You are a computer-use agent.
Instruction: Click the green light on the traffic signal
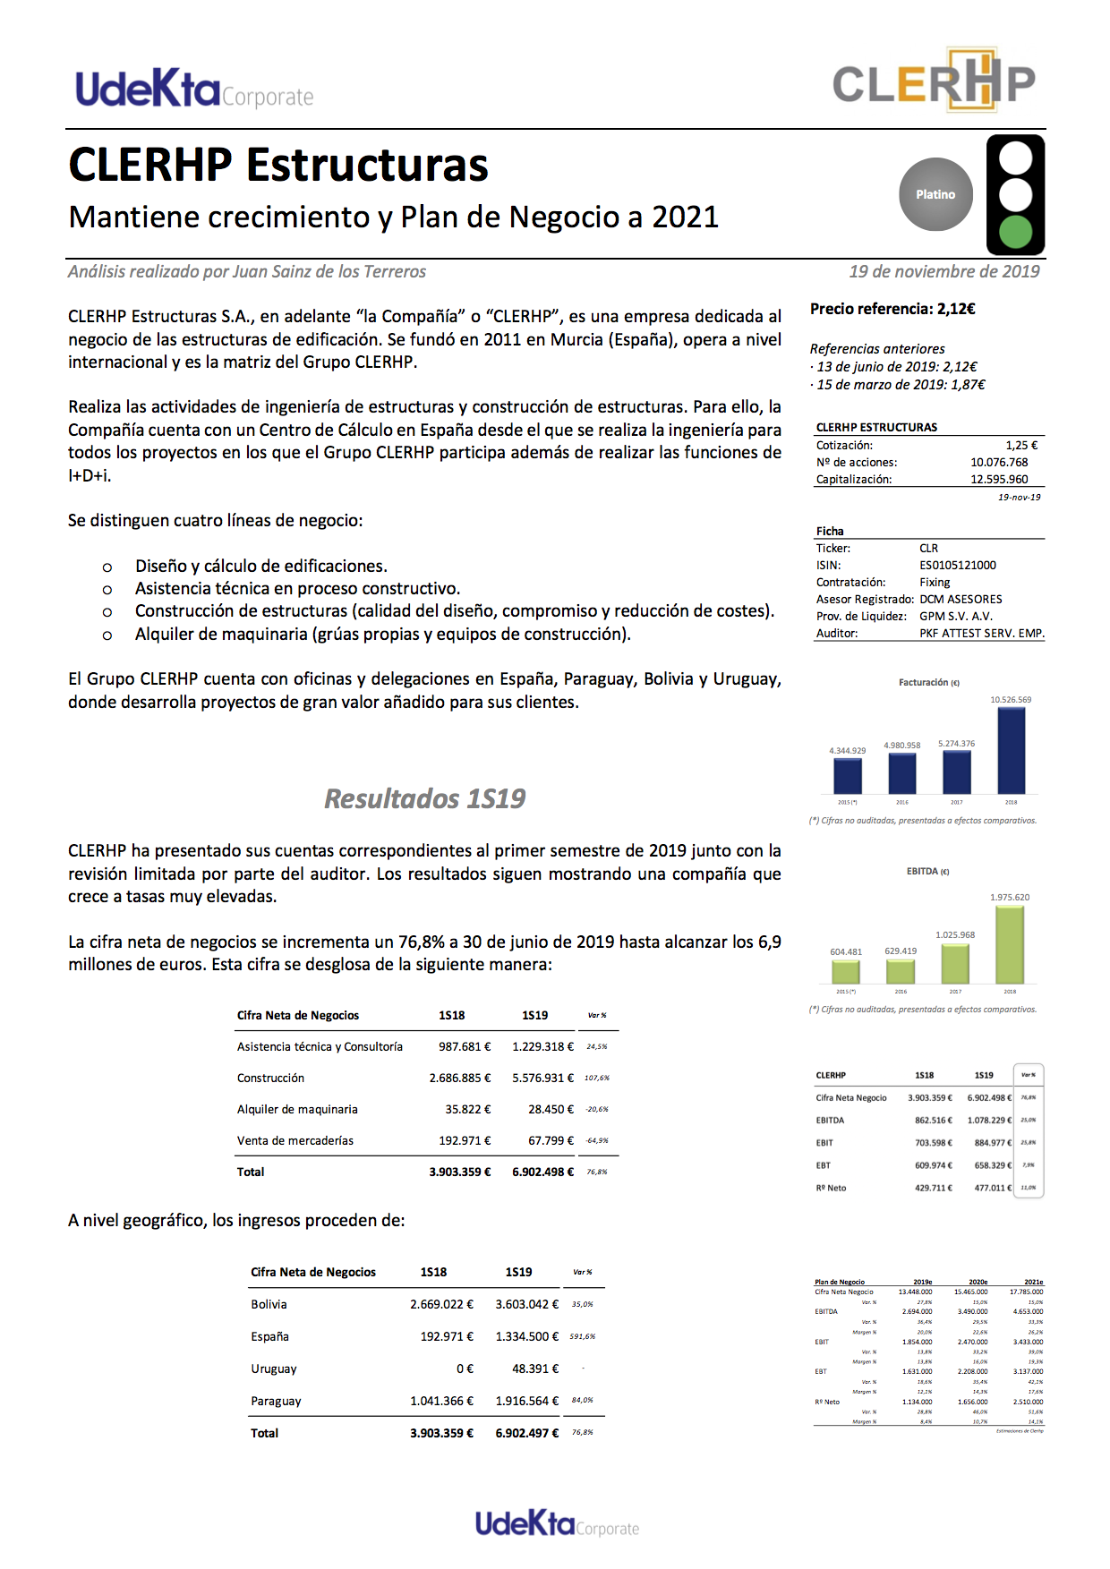1015,232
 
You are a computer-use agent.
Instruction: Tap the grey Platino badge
935,194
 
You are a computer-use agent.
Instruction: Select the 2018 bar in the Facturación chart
1011,750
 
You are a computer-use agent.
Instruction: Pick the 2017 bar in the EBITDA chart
955,964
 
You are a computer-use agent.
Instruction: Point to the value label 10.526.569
1010,700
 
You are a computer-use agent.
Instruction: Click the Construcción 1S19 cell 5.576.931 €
542,1078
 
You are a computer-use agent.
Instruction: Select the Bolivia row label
269,1304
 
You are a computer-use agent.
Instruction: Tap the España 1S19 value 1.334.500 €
526,1336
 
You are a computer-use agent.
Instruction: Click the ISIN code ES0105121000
957,565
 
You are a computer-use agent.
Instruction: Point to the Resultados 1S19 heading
424,798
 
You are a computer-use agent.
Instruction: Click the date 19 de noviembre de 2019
943,271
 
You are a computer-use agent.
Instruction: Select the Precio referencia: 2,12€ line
892,309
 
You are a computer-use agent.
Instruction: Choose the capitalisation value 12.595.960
999,479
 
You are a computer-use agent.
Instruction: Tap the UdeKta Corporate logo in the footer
557,1523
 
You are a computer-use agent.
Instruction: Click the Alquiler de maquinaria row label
297,1109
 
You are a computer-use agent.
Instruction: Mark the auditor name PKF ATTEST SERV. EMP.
981,633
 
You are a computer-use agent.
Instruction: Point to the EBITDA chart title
927,871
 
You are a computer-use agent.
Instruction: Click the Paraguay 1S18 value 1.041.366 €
441,1401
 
